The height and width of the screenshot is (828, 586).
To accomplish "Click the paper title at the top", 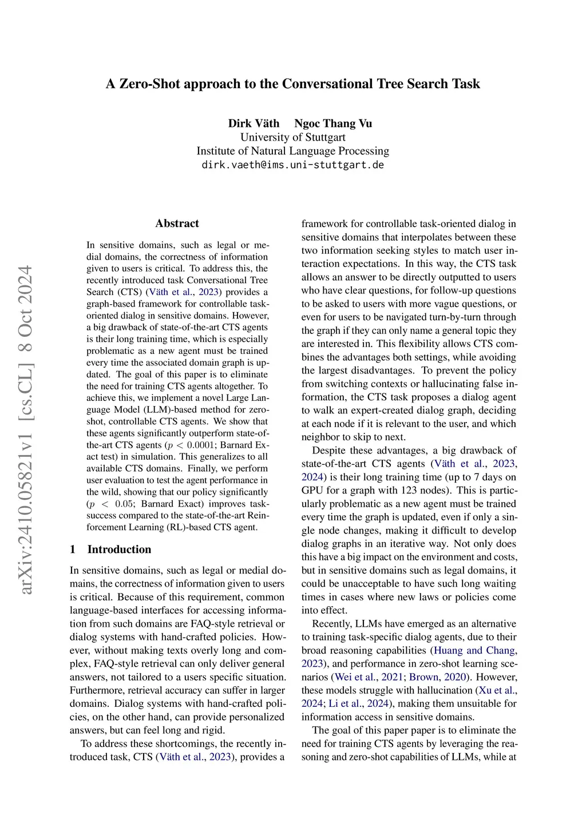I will [x=293, y=84].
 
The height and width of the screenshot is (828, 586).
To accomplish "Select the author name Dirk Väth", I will [x=254, y=124].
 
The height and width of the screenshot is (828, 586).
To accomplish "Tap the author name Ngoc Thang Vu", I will [x=333, y=124].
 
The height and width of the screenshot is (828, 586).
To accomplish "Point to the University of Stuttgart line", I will [x=292, y=137].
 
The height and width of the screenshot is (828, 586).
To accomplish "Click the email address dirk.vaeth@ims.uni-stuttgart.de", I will [x=292, y=165].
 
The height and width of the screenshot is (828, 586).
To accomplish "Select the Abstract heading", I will [x=177, y=224].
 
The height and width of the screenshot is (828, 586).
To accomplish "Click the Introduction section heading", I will [x=119, y=550].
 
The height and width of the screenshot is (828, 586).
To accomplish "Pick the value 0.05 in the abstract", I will [x=124, y=504].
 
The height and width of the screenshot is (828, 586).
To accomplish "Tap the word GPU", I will [x=312, y=491].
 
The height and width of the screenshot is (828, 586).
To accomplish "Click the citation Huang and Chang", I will [x=475, y=650].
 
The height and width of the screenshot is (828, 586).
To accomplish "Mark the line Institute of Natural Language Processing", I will [x=292, y=151].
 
